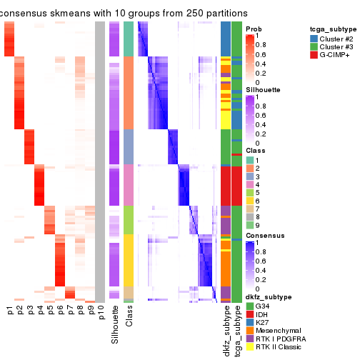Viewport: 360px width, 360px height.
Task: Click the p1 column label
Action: [10, 311]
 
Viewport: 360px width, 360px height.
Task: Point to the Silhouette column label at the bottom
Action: [115, 325]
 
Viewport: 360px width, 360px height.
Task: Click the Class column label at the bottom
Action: [129, 319]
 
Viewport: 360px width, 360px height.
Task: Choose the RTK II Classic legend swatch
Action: [249, 346]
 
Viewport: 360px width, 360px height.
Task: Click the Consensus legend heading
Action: [264, 234]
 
